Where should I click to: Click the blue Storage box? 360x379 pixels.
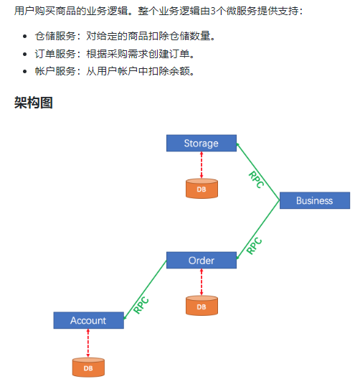coord(201,143)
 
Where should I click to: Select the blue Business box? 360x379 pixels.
coord(314,200)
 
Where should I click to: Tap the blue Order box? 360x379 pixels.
coord(201,260)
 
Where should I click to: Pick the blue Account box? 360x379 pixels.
coord(88,320)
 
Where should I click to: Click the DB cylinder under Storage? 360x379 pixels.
coord(201,189)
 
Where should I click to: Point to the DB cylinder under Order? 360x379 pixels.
coord(201,306)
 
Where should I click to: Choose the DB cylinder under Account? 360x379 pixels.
coord(88,367)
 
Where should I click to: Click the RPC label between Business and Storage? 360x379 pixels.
coord(256,179)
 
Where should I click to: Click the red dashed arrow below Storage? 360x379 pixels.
coord(201,165)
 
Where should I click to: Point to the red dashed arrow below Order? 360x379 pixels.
coord(201,282)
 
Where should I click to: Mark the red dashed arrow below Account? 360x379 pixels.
coord(88,342)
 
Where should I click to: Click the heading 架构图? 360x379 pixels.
coord(34,103)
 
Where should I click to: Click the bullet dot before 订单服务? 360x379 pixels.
coord(26,54)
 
